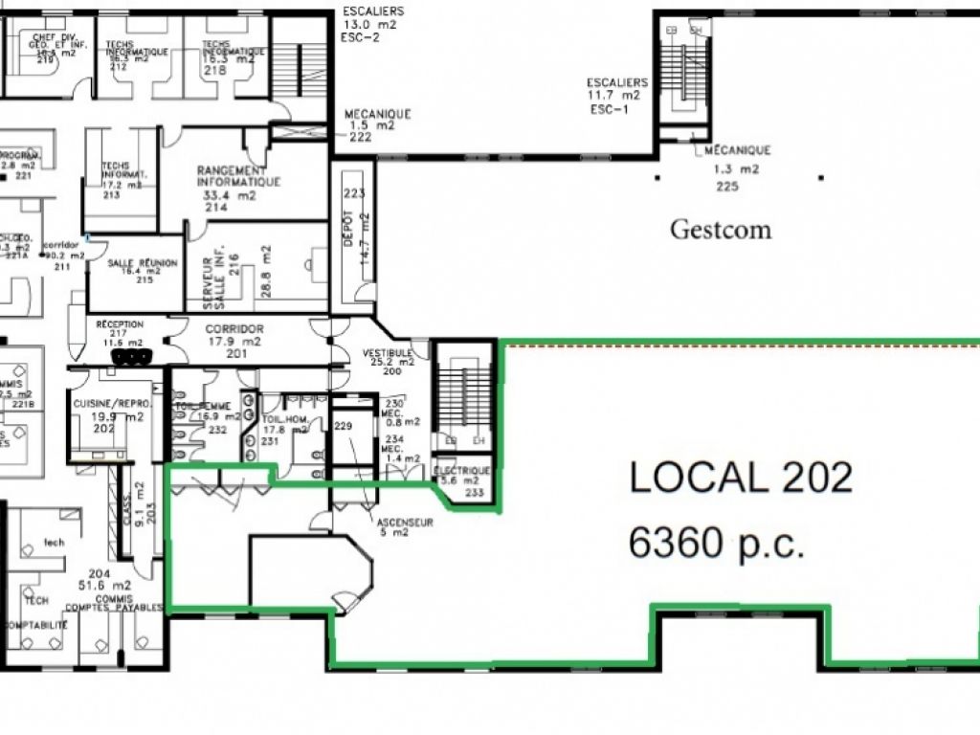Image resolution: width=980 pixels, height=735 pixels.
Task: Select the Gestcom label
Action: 721,230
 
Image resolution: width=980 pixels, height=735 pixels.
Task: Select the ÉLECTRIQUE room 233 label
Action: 463,480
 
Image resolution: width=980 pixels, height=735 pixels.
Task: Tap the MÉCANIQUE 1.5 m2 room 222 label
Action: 377,125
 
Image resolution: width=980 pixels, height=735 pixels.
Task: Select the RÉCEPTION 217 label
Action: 121,333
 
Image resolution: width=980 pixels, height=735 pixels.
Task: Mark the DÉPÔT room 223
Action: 354,230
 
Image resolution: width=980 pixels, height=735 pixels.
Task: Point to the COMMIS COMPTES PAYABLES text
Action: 108,602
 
